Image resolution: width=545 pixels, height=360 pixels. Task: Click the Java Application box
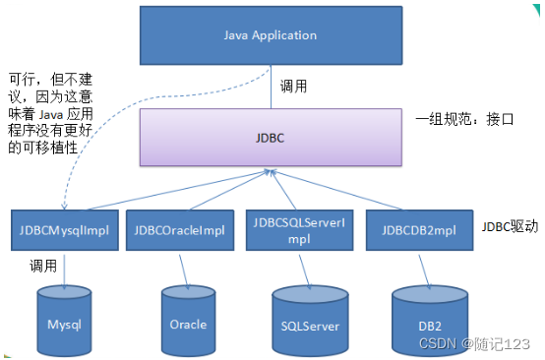pos(271,35)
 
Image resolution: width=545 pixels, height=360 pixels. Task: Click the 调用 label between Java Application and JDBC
pos(294,86)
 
